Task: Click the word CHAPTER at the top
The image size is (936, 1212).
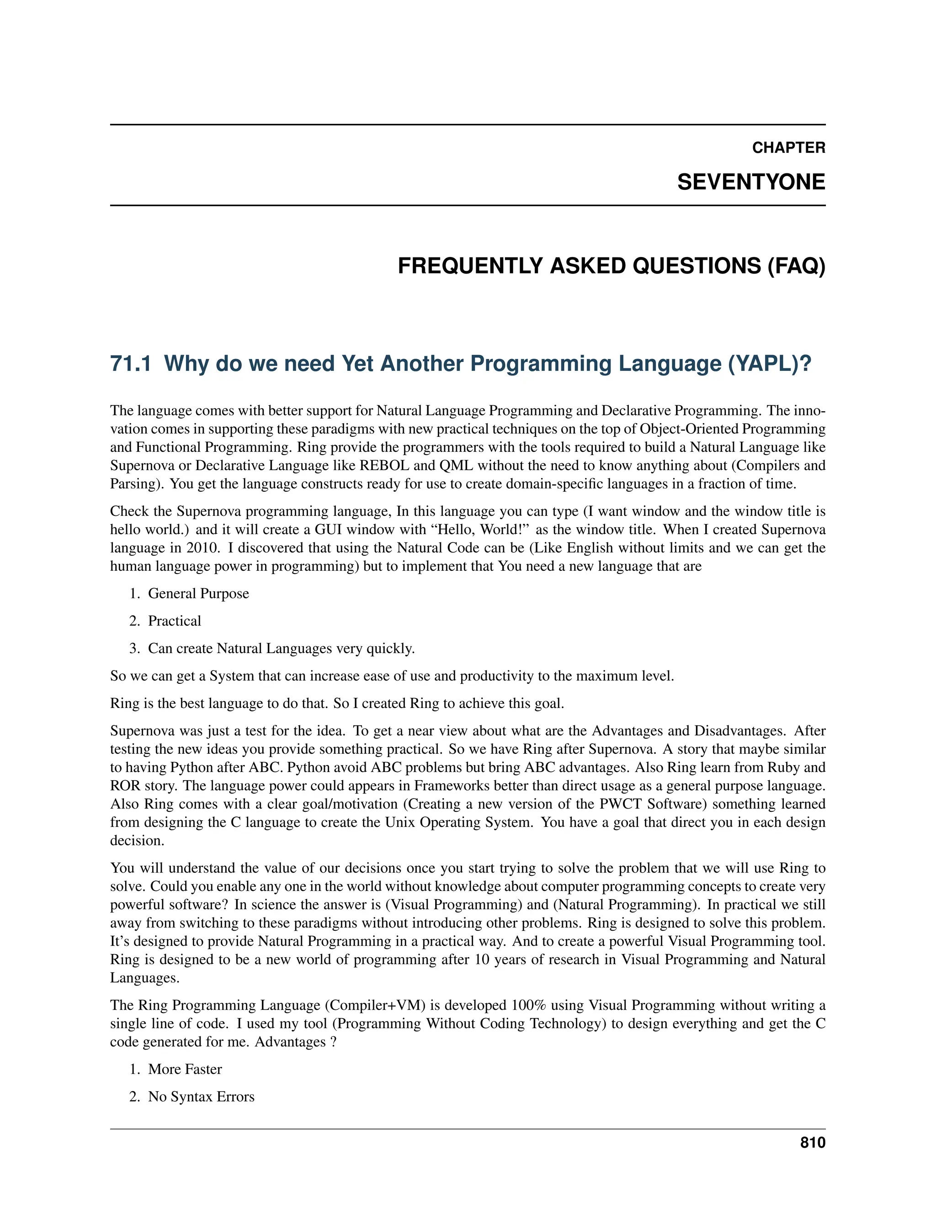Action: (788, 148)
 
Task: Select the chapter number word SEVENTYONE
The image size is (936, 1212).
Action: (751, 182)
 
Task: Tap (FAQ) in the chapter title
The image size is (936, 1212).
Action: (796, 266)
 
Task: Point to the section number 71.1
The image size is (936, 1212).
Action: (131, 364)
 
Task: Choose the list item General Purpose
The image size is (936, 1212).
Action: (198, 593)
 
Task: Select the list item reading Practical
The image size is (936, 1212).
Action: (174, 621)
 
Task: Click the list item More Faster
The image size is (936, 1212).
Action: (185, 1069)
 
